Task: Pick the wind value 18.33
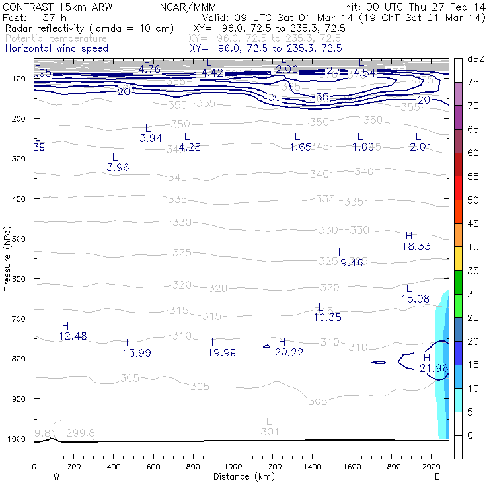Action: [x=416, y=246]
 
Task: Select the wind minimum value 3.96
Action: [x=118, y=167]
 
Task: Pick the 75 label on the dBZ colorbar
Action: [x=474, y=82]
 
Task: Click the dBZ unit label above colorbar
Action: [x=474, y=59]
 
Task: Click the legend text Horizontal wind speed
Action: [x=56, y=48]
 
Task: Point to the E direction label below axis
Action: [x=437, y=476]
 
